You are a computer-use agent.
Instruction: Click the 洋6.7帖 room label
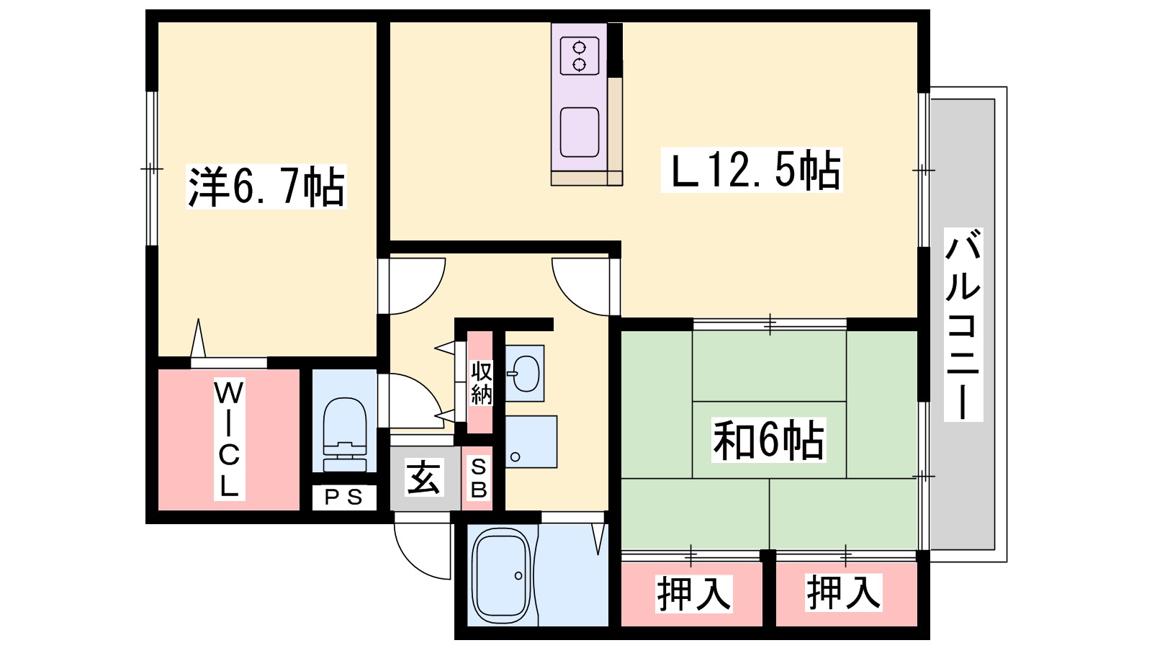click(x=266, y=186)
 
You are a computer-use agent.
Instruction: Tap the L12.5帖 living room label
click(x=752, y=170)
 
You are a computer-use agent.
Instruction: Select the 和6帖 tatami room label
click(x=769, y=440)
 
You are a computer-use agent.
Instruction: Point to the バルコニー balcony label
click(x=963, y=325)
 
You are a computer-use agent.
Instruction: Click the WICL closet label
click(x=230, y=439)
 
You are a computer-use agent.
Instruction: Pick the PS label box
click(x=344, y=498)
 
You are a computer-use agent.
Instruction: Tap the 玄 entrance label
click(x=424, y=478)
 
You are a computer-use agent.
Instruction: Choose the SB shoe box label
click(x=478, y=479)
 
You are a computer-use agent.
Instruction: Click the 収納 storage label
click(x=481, y=382)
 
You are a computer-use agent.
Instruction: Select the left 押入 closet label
click(x=694, y=594)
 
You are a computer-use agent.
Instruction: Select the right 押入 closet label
click(x=843, y=593)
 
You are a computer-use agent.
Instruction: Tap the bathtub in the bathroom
click(x=501, y=575)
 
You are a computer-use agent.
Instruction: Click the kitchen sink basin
click(x=580, y=132)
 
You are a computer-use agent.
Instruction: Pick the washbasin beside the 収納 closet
click(x=524, y=373)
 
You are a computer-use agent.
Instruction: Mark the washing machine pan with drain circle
click(x=531, y=442)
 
